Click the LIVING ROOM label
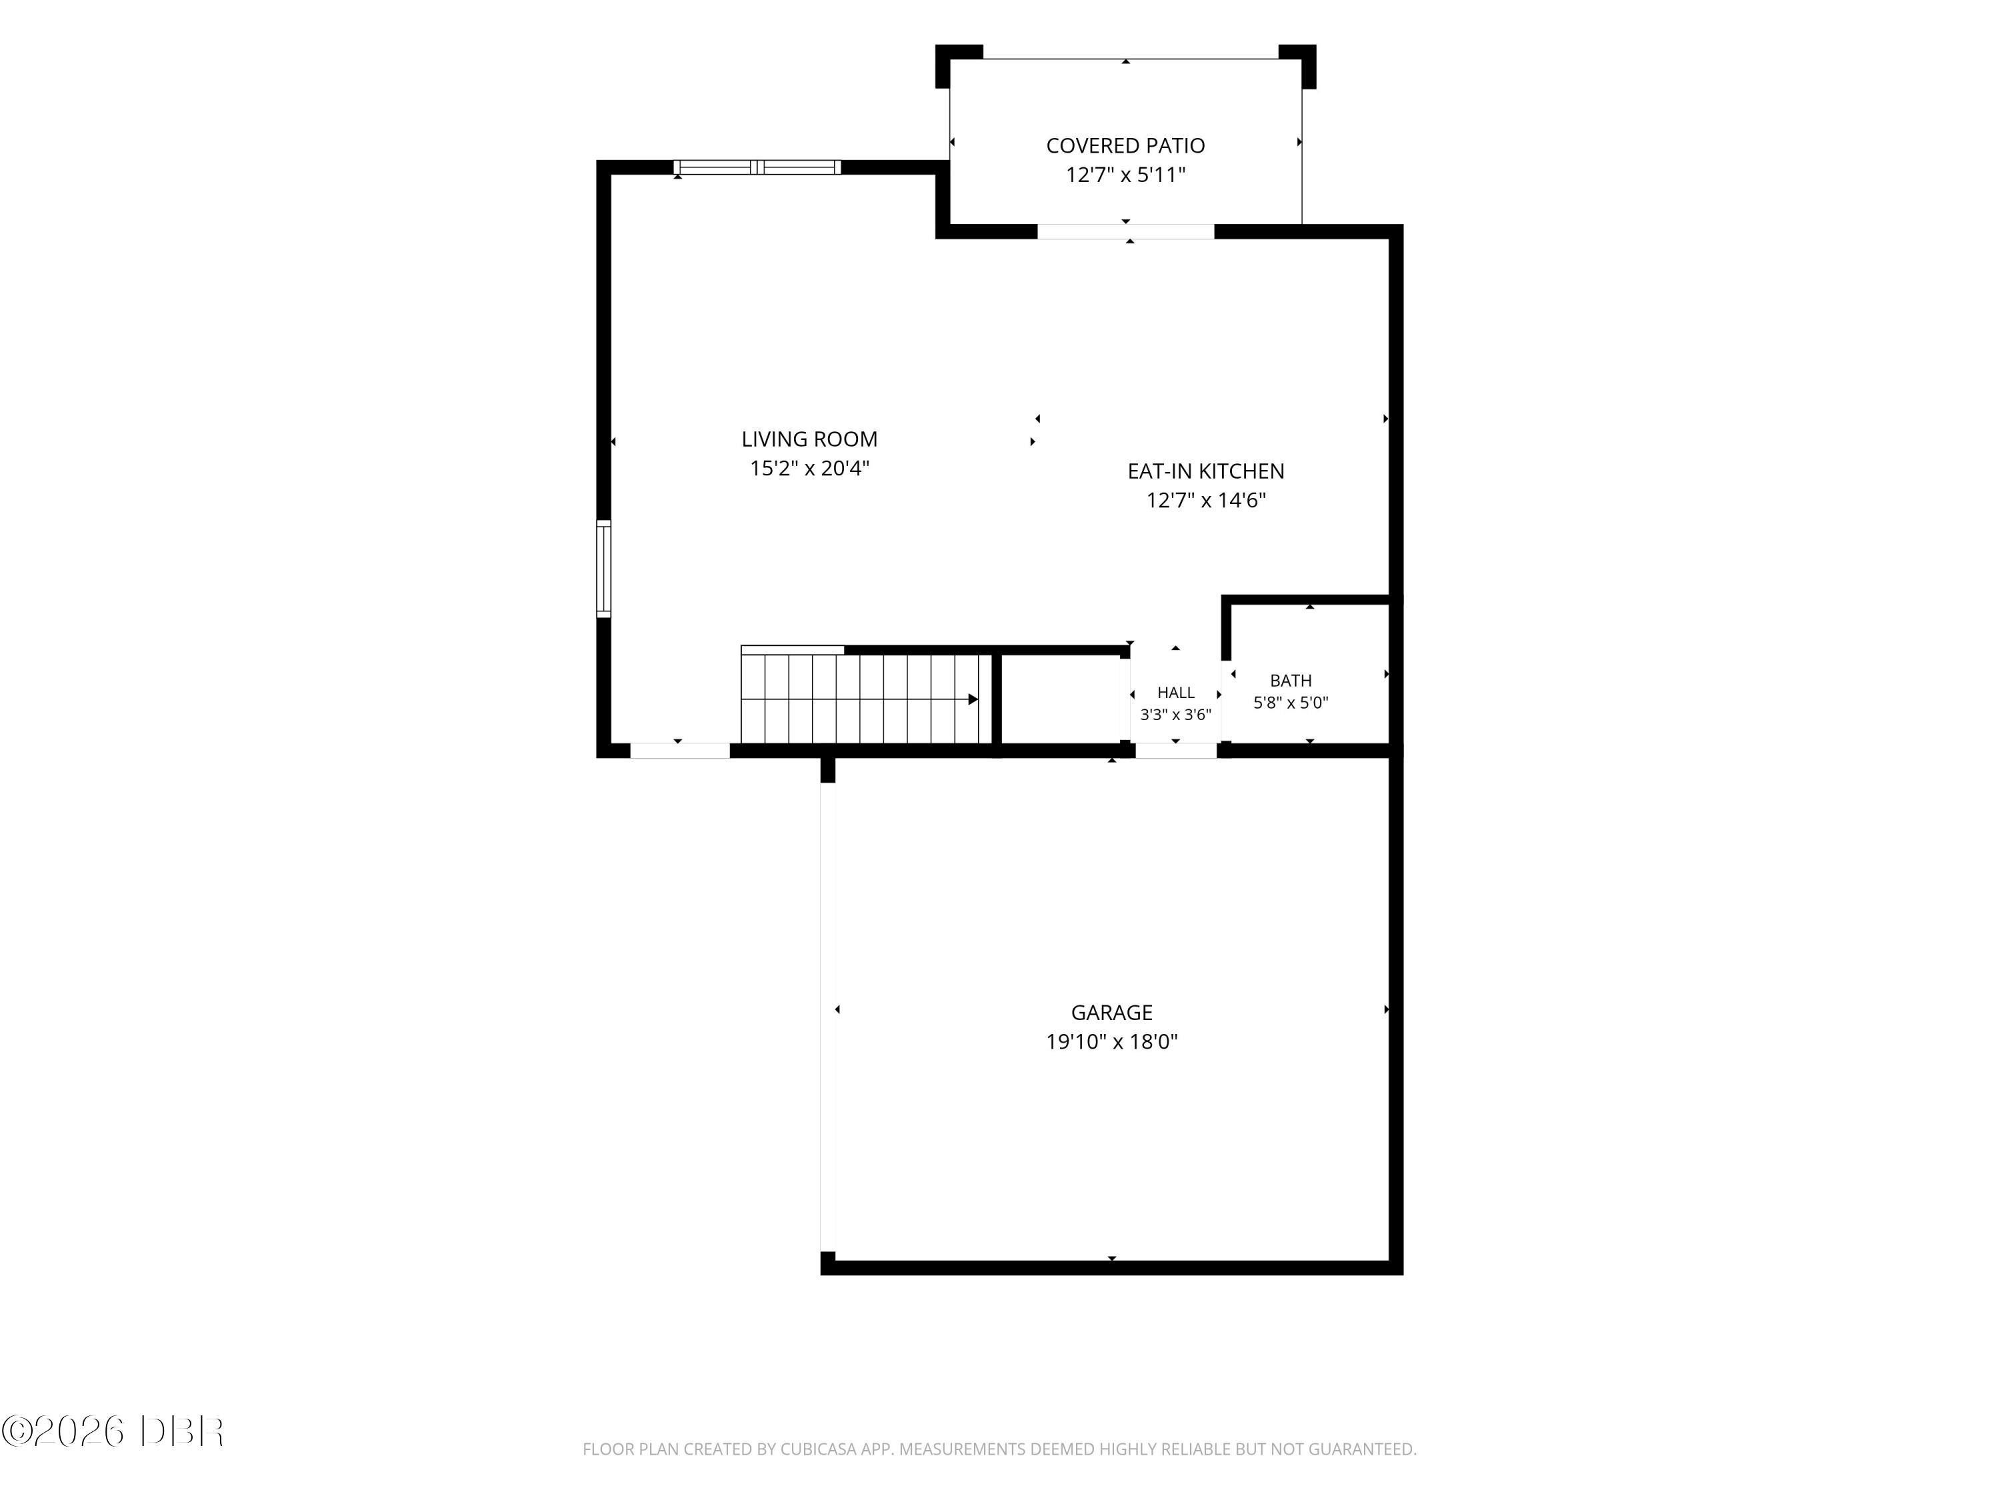click(x=809, y=439)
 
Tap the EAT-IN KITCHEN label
click(x=1205, y=471)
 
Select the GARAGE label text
click(x=1111, y=1013)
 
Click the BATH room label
click(x=1290, y=681)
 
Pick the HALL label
click(x=1175, y=693)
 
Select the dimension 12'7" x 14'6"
click(x=1205, y=500)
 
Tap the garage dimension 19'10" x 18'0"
click(x=1111, y=1041)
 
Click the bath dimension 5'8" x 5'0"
click(x=1290, y=703)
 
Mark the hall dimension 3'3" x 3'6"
click(x=1175, y=714)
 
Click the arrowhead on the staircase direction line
click(x=973, y=699)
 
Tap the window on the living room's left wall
click(x=603, y=569)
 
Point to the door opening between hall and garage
click(x=1175, y=751)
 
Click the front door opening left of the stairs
click(x=680, y=751)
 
